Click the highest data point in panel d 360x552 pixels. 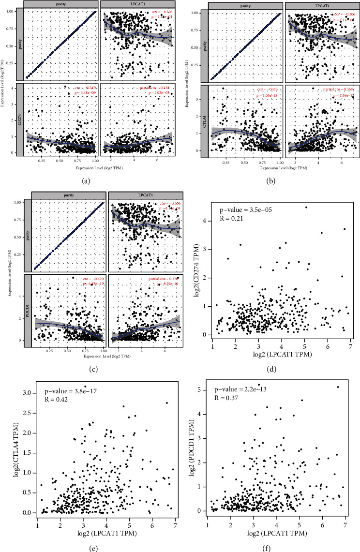click(x=306, y=208)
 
